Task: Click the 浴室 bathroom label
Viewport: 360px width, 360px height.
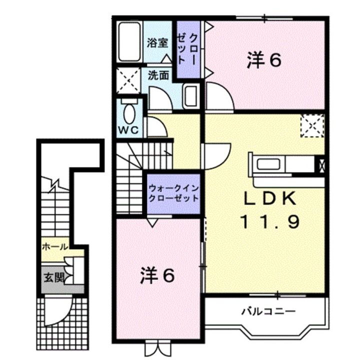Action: pyautogui.click(x=157, y=42)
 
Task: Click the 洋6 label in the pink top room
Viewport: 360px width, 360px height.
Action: pyautogui.click(x=263, y=60)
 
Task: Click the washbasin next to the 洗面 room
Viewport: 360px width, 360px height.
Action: pyautogui.click(x=190, y=95)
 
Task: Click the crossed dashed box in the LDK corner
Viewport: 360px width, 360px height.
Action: pyautogui.click(x=312, y=125)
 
